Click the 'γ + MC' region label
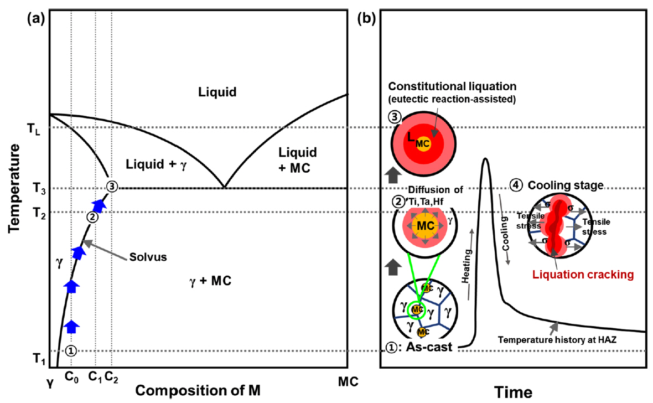coord(209,281)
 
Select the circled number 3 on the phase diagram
coord(112,187)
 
